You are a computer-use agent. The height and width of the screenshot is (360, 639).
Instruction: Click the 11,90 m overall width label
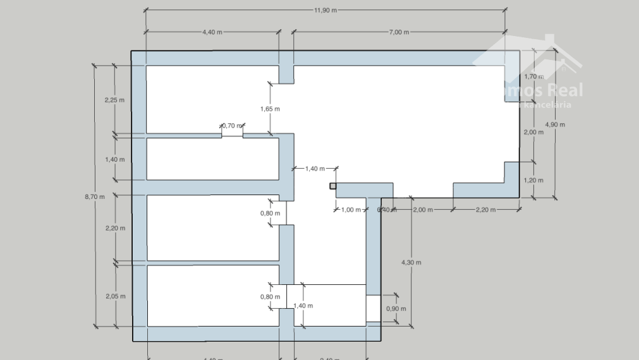pos(326,10)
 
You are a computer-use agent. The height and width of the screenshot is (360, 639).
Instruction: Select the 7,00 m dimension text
pos(398,32)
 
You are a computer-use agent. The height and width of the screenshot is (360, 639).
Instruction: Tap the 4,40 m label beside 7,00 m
pos(212,32)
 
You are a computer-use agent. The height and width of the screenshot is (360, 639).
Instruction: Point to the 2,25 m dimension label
pos(114,100)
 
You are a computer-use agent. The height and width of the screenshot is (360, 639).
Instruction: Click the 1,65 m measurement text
pos(270,109)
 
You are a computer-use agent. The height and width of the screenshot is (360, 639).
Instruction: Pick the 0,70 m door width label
pos(232,126)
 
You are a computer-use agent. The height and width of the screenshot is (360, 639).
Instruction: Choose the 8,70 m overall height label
pos(95,196)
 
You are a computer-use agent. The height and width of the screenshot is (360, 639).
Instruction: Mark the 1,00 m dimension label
pos(351,210)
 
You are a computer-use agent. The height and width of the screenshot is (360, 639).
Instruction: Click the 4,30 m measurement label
pos(411,262)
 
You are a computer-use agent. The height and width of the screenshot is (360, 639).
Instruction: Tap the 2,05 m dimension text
pos(114,296)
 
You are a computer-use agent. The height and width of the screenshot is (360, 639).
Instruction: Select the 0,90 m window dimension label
pos(396,309)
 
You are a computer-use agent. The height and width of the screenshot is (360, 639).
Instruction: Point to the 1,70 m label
pos(534,76)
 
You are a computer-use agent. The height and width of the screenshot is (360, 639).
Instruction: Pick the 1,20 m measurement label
pos(534,180)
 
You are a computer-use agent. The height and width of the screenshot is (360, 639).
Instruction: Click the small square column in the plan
pos(333,186)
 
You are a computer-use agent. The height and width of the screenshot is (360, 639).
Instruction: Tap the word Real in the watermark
pos(566,90)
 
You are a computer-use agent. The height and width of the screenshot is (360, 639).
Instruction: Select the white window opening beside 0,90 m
pos(374,309)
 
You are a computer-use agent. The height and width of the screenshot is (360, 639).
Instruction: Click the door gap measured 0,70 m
pos(232,135)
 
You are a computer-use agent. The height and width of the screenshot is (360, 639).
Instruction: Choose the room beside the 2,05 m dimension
pos(212,296)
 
